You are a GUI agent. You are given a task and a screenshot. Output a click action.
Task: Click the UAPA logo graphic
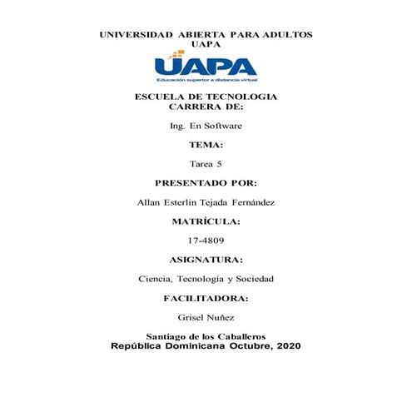(206, 67)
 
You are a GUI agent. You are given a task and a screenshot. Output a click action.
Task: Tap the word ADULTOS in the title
(284, 35)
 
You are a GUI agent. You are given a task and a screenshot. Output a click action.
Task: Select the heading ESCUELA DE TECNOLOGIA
(206, 97)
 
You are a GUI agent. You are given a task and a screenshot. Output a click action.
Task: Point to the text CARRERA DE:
(206, 107)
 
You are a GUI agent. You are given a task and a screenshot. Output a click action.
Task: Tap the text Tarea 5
(206, 163)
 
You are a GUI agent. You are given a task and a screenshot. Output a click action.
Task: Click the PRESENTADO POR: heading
(206, 182)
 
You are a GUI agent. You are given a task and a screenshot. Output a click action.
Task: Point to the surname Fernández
(253, 201)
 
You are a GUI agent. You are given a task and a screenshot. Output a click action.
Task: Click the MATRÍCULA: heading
(206, 221)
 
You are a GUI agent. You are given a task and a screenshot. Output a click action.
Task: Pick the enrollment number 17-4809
(206, 240)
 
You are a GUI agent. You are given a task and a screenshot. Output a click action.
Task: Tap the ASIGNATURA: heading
(206, 260)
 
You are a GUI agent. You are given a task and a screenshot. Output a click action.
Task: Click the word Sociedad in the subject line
(256, 278)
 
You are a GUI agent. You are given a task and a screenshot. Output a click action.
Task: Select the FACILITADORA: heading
(206, 298)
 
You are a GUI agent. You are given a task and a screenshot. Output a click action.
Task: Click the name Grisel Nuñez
(206, 317)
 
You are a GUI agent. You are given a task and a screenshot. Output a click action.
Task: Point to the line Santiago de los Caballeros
(206, 335)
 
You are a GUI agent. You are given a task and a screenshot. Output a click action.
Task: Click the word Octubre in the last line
(240, 345)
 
